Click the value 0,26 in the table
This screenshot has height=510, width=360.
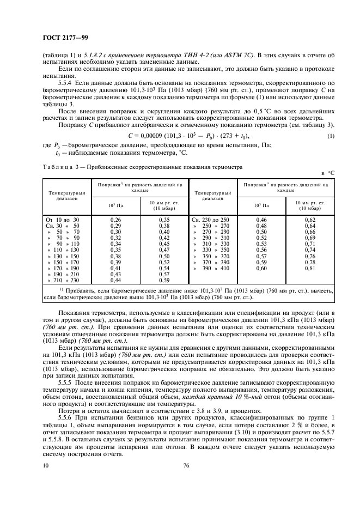click(x=115, y=219)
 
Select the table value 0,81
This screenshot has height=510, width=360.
click(x=310, y=268)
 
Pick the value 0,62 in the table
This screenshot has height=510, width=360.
click(x=310, y=219)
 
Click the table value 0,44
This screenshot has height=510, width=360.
click(x=115, y=280)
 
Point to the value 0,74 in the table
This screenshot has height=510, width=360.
click(x=310, y=250)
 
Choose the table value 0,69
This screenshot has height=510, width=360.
click(x=310, y=238)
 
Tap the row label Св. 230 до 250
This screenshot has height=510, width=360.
click(x=210, y=219)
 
